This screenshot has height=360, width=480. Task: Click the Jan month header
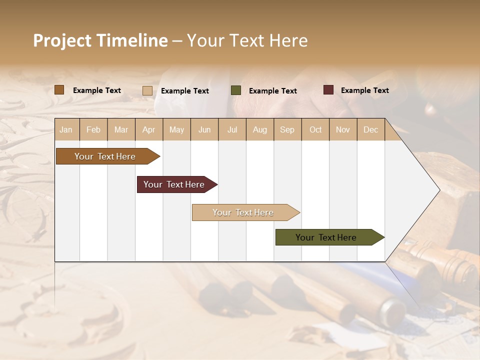tap(66, 129)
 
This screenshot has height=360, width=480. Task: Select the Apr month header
tap(148, 129)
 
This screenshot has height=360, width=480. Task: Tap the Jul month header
tap(232, 129)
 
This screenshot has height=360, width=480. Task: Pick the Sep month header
tap(287, 129)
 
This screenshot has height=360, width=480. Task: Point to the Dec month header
tap(370, 129)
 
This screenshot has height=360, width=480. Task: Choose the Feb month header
tap(93, 129)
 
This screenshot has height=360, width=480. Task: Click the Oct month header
tap(315, 129)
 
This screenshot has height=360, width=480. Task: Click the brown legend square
tap(59, 90)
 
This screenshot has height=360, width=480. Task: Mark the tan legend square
tap(147, 90)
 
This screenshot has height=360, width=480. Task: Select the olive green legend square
tap(236, 90)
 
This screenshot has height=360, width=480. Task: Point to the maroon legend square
tap(328, 90)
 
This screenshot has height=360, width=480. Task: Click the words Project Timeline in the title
tap(100, 40)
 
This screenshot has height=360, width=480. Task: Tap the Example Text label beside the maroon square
tap(364, 90)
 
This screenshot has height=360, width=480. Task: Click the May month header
tap(176, 129)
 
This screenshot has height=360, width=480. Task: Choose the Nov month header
tap(343, 129)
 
